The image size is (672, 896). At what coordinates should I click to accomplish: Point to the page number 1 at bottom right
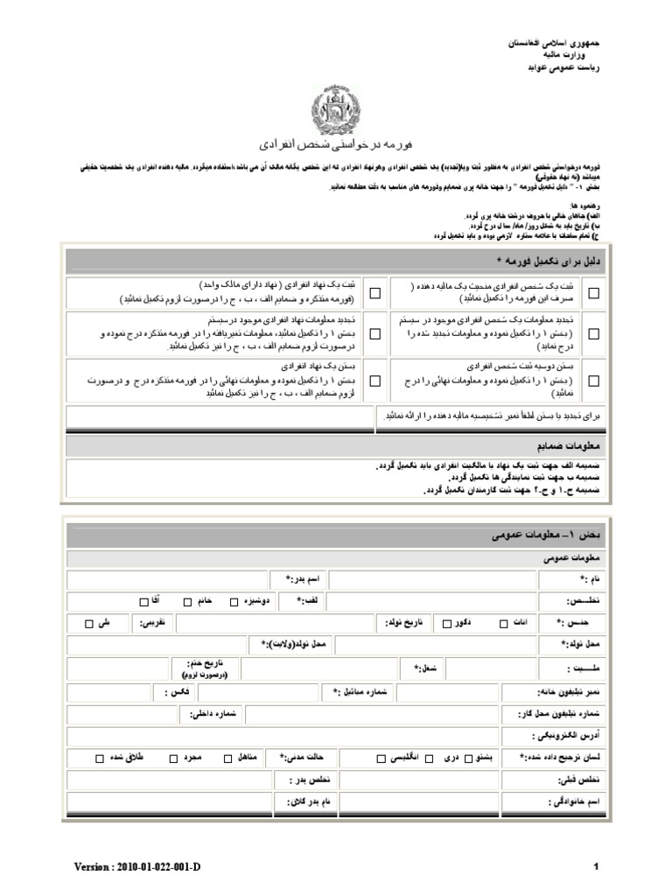point(595,866)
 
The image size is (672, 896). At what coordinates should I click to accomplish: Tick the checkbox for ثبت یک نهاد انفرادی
point(375,294)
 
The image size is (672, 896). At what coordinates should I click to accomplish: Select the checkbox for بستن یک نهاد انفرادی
point(375,381)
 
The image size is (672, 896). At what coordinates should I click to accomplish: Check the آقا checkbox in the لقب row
point(143,601)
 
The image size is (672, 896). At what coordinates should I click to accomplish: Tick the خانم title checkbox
point(188,601)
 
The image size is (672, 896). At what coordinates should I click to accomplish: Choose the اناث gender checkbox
point(502,624)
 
